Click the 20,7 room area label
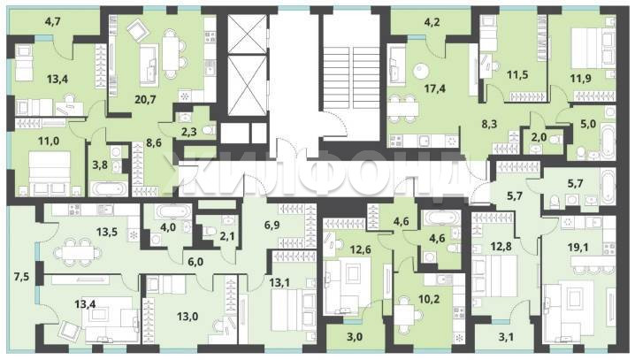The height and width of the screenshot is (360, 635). click(145, 99)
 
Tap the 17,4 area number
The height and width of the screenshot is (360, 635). click(435, 88)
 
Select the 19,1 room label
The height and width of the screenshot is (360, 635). click(578, 247)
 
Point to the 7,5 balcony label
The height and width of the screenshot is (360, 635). click(21, 278)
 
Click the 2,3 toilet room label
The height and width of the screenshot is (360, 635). click(188, 131)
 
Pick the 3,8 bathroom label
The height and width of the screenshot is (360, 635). click(100, 165)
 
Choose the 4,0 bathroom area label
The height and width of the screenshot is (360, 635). click(168, 227)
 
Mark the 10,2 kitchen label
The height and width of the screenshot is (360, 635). click(429, 299)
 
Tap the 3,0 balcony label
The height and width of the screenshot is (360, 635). click(355, 336)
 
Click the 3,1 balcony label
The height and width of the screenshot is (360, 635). click(506, 336)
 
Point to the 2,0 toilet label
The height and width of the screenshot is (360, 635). click(539, 137)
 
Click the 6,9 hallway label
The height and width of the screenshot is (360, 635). click(272, 225)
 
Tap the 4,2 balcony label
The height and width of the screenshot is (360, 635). click(432, 22)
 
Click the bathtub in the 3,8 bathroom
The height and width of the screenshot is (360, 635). click(109, 189)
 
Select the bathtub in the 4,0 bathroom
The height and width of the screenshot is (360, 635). click(173, 211)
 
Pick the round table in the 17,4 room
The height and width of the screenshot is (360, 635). click(420, 72)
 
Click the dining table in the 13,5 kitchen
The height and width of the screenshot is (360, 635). click(77, 253)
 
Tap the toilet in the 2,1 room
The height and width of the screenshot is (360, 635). click(210, 231)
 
